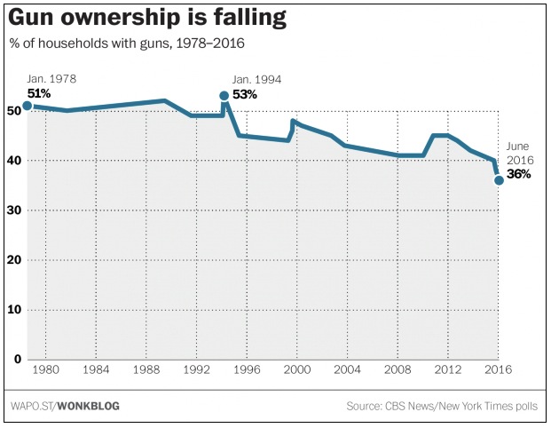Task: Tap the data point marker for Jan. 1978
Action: coord(27,106)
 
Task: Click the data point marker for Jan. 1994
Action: coord(224,95)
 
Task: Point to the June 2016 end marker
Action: coord(499,179)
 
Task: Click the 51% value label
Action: coord(40,92)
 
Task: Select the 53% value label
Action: coord(244,95)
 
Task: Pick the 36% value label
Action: coord(518,174)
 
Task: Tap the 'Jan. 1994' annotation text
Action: coord(256,80)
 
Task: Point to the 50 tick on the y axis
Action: coord(15,111)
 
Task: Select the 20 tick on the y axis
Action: coord(15,259)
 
